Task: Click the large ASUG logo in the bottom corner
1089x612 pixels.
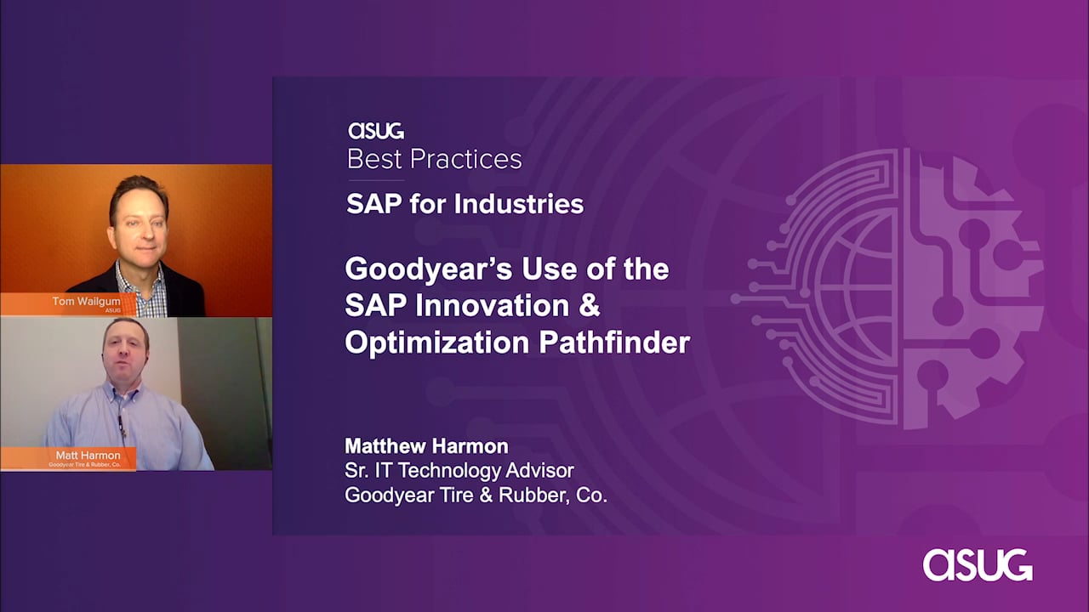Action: tap(978, 565)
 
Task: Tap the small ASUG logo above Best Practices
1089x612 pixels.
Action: tap(376, 131)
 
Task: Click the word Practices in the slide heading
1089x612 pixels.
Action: tap(465, 159)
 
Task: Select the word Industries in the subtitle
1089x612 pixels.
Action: tap(519, 203)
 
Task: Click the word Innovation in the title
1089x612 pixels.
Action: tap(492, 305)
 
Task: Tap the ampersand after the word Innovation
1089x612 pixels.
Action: tap(590, 305)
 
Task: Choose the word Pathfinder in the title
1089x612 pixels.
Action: tap(614, 343)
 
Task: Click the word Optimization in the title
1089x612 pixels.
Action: tap(437, 343)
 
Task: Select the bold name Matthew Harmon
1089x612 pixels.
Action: tap(426, 446)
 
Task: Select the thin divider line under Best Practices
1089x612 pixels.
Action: tap(376, 181)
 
